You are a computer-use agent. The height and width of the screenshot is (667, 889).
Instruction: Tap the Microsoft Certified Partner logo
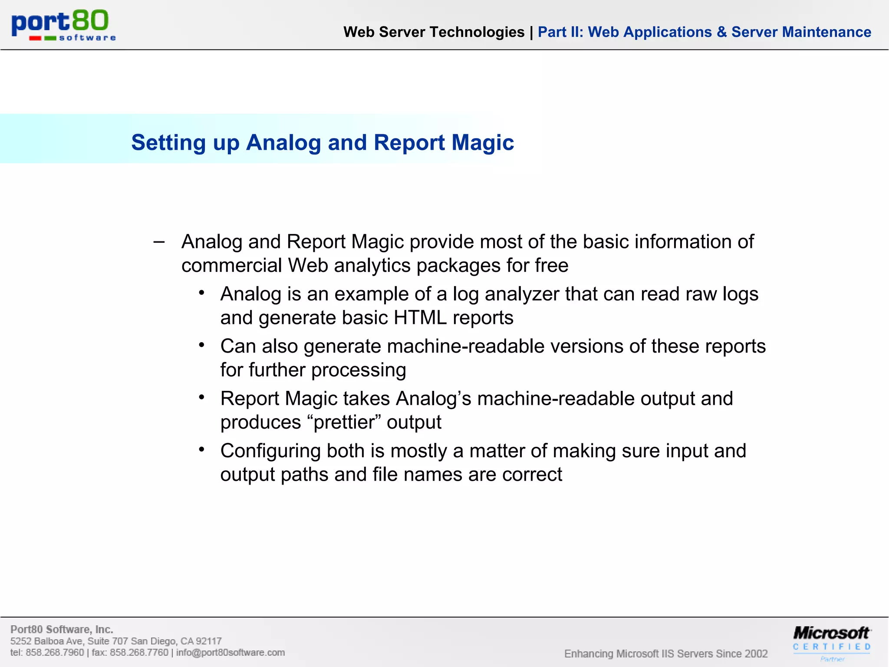(832, 643)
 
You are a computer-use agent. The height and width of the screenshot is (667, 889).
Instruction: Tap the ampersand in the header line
(721, 32)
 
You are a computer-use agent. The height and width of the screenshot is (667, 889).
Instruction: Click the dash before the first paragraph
(159, 242)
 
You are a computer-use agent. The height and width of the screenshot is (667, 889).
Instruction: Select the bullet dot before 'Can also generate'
(201, 345)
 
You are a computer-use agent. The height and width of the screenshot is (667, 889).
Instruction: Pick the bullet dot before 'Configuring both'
(201, 449)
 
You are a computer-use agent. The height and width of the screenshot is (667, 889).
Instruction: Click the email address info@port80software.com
(230, 653)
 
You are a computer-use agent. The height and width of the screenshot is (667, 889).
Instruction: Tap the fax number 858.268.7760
(139, 653)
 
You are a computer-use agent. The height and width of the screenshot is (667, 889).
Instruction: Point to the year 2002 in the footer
(756, 654)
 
